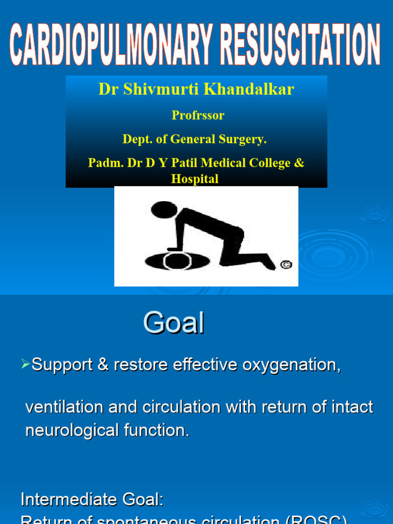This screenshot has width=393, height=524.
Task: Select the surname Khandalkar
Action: tap(243, 90)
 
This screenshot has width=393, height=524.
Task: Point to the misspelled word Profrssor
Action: tap(198, 116)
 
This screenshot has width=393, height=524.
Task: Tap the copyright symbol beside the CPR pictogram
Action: tap(287, 265)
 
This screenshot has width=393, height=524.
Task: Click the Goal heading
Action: tap(173, 323)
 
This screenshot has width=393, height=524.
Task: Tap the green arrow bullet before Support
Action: tap(26, 364)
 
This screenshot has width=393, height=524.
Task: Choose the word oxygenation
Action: tap(292, 365)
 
